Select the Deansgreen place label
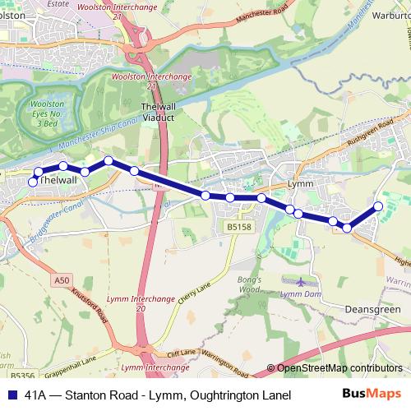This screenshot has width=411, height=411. (x=373, y=310)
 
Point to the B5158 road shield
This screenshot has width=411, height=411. (x=238, y=227)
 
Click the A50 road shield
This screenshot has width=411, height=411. (x=62, y=280)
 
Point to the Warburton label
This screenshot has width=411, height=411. (x=387, y=13)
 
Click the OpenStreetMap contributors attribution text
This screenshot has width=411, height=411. (x=339, y=367)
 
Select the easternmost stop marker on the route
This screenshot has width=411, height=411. (x=378, y=206)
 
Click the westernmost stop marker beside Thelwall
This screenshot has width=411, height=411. (x=33, y=182)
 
